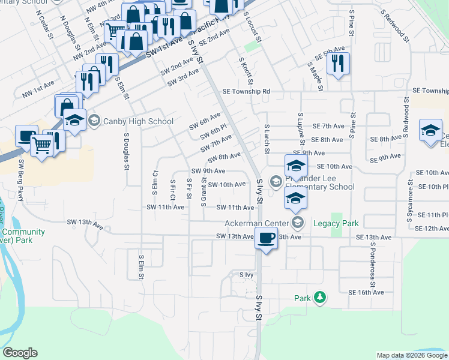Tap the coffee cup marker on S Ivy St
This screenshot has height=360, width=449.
[267, 238]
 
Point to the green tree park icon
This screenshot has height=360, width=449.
[320, 298]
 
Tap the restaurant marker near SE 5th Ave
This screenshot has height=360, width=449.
[338, 63]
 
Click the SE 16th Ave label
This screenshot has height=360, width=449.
[366, 292]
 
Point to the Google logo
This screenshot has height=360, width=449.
[20, 353]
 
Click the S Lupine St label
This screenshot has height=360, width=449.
[300, 128]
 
